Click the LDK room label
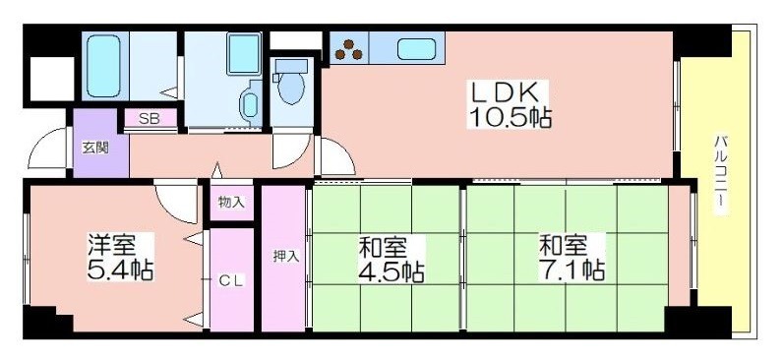coord(507,92)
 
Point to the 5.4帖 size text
coord(117,269)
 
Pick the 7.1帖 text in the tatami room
coord(571,270)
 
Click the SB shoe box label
coord(150,119)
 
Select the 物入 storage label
coord(231,203)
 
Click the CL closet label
coord(231,280)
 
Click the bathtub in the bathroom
coord(102,64)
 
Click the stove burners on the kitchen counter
coord(349,46)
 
